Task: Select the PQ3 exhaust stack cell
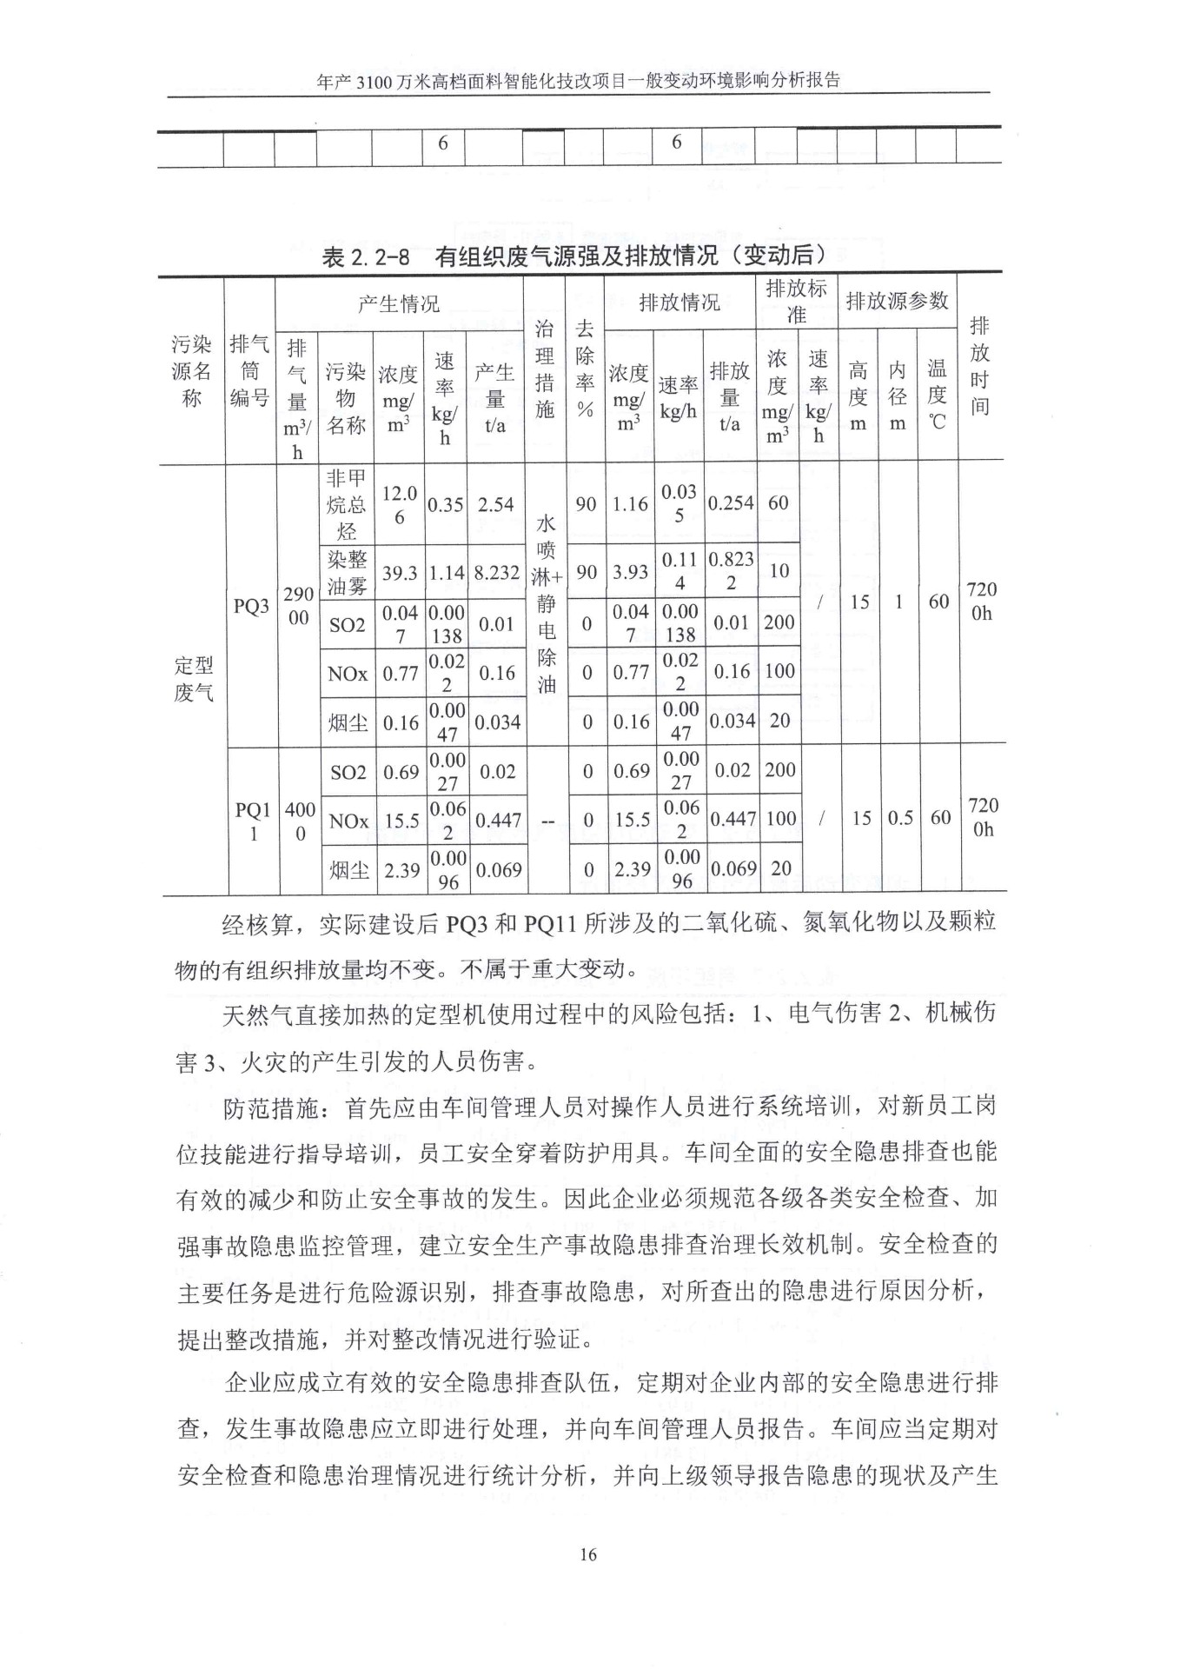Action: (x=250, y=606)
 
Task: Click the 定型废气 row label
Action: (x=193, y=679)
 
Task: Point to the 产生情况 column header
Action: (x=399, y=303)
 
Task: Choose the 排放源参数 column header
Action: (x=897, y=301)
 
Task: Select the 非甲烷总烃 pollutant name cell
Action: (x=346, y=504)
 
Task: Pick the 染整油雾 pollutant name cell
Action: (x=346, y=573)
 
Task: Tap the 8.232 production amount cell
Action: (x=496, y=573)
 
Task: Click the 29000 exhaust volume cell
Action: (x=298, y=606)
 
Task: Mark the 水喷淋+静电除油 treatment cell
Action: (x=546, y=603)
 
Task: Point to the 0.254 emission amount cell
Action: (x=730, y=503)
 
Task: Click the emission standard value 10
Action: (x=779, y=570)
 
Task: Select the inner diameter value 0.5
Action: (x=900, y=818)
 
